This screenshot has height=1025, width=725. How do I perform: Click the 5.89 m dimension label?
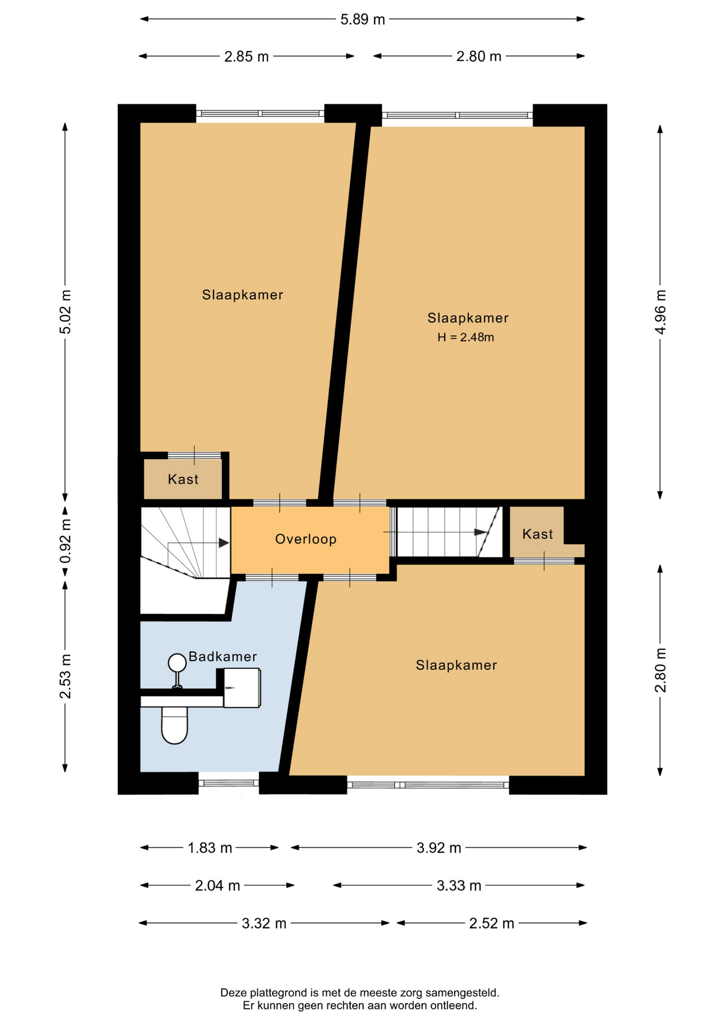coord(362,20)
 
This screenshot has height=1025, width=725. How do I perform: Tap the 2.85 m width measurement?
coord(246,57)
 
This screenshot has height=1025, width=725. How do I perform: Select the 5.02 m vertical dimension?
coord(65,312)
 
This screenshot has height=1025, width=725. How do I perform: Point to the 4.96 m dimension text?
coord(660,312)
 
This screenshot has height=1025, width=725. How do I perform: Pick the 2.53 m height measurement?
coord(65,676)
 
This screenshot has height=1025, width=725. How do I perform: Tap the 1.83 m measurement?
coord(210,848)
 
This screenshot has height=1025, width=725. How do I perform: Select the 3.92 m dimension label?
coord(439,848)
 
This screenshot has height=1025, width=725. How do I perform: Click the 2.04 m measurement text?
coord(217,886)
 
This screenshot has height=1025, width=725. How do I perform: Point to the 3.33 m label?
coord(459,886)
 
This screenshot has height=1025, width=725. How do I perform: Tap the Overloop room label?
coord(306,539)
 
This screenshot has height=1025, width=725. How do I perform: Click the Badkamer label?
coord(223,657)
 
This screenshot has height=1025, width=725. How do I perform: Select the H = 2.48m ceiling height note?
coord(466,337)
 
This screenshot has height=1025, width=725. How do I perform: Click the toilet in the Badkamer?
coord(175,725)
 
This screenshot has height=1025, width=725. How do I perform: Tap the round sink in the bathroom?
coord(177,663)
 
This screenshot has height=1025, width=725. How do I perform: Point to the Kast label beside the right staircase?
coord(538,534)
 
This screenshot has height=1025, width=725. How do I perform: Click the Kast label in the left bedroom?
coord(183,479)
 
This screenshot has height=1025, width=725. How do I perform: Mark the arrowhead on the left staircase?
coord(224,543)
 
